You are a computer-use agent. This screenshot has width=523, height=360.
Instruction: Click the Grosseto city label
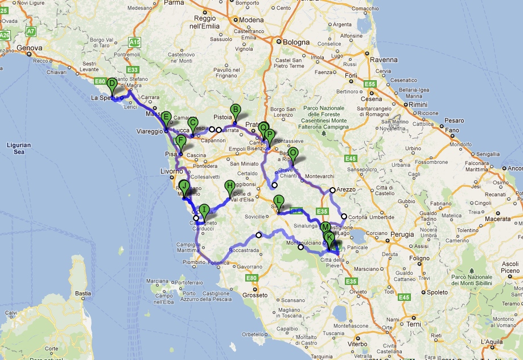[254, 295]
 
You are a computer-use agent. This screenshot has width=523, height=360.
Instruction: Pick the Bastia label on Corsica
[84, 293]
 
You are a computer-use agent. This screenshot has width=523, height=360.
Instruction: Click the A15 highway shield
[134, 42]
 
